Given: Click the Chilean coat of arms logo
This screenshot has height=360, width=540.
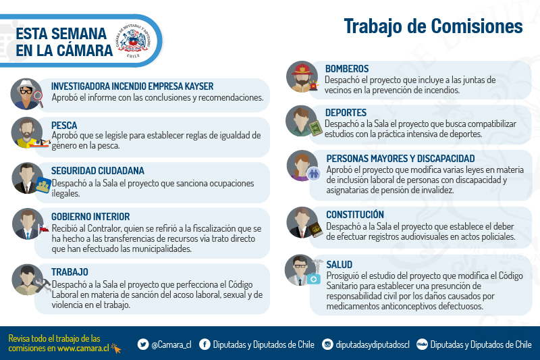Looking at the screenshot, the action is (x=133, y=41).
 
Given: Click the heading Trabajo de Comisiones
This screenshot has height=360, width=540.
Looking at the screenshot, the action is (x=433, y=26).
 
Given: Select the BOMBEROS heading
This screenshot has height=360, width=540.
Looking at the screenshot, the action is (x=347, y=68).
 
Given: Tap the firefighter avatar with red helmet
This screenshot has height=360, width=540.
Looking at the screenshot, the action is (x=302, y=77).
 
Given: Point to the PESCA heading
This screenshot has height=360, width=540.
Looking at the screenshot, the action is (x=64, y=126).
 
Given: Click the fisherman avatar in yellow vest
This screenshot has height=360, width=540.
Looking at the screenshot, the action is (x=27, y=132).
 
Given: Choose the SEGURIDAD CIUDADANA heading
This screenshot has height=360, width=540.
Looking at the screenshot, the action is (x=97, y=171).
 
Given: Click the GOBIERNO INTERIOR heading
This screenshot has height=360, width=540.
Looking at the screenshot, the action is (x=90, y=217).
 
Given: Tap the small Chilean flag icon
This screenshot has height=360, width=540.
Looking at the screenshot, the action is (x=43, y=228).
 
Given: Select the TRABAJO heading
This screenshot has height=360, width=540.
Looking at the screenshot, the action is (x=70, y=272).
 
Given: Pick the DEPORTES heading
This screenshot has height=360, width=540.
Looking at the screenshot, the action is (x=346, y=113).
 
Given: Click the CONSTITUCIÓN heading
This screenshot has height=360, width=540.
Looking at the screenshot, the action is (x=355, y=214).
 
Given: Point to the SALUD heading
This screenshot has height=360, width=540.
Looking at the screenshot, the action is (x=340, y=265).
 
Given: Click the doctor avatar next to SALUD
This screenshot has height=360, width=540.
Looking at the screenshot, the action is (x=301, y=270).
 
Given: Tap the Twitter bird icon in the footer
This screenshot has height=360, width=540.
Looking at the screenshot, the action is (x=143, y=344).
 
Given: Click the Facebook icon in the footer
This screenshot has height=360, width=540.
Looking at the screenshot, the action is (x=205, y=344).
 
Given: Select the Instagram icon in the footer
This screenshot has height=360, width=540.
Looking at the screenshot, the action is (x=327, y=344).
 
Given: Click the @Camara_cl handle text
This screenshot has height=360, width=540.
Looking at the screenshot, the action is (x=171, y=344).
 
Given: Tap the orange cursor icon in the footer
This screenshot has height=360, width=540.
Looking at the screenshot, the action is (x=116, y=349).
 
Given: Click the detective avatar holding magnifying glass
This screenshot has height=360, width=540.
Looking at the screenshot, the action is (x=26, y=94).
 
